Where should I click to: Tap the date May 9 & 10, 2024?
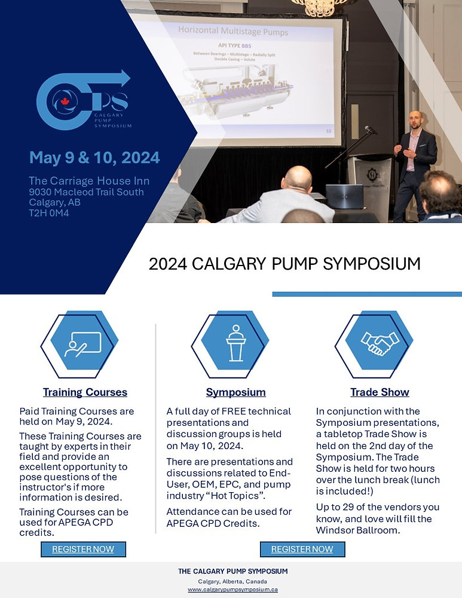click(94, 158)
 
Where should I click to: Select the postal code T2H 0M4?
click(49, 212)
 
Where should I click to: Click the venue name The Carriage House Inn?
click(89, 181)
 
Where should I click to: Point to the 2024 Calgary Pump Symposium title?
click(284, 264)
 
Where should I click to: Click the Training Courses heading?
click(85, 392)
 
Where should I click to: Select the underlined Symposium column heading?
click(235, 392)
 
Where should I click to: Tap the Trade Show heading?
click(380, 392)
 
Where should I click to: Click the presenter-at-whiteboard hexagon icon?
click(83, 343)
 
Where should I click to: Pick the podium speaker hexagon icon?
click(235, 343)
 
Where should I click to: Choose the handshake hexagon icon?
click(380, 343)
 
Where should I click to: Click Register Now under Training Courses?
click(83, 549)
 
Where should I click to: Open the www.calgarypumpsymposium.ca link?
click(232, 589)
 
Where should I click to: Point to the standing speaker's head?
click(415, 119)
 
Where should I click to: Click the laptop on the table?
click(344, 196)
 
